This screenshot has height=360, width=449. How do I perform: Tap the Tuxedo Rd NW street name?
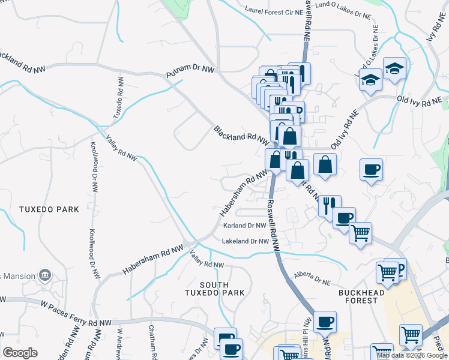pyautogui.click(x=120, y=97)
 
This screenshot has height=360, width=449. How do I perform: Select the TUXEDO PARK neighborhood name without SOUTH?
pyautogui.click(x=49, y=209)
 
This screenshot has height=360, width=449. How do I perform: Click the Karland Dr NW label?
pyautogui.click(x=244, y=226)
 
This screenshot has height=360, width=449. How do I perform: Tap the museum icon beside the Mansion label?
pyautogui.click(x=44, y=276)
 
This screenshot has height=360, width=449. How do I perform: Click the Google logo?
pyautogui.click(x=20, y=353)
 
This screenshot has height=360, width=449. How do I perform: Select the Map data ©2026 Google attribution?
pyautogui.click(x=412, y=355)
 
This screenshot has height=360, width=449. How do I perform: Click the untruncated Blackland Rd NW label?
pyautogui.click(x=241, y=135)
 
